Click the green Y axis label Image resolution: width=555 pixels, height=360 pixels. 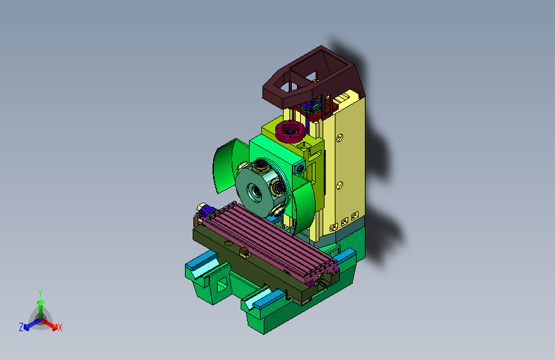(40, 293)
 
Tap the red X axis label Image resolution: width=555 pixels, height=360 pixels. (60, 327)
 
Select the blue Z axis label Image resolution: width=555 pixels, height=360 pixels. (21, 327)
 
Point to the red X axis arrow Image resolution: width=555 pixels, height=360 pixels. (49, 324)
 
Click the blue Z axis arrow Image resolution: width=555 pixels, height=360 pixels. (33, 324)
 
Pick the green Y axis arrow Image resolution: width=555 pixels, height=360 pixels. (41, 309)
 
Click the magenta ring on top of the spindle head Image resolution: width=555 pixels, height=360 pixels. (290, 131)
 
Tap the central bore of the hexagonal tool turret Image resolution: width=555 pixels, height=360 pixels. (255, 192)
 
